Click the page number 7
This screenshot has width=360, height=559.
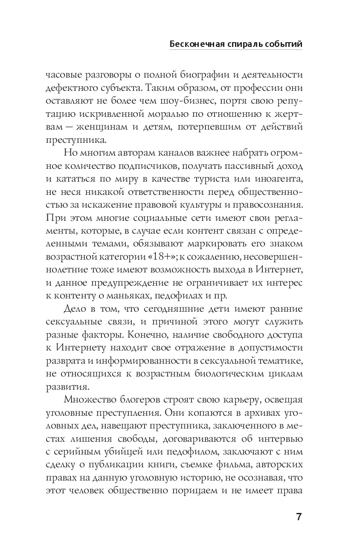click(299, 517)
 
